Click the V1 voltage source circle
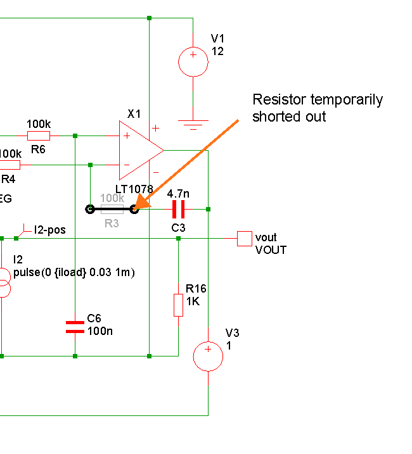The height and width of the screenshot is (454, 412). [x=193, y=62]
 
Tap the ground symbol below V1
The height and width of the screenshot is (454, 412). [x=193, y=125]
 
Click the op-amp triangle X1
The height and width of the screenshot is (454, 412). [x=139, y=150]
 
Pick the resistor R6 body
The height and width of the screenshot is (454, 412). [x=39, y=136]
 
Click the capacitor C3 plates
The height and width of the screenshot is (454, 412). [x=178, y=208]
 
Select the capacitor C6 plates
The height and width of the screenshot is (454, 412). [x=75, y=326]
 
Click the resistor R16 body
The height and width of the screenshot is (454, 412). [x=178, y=305]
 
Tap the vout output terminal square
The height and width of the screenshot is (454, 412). [x=244, y=238]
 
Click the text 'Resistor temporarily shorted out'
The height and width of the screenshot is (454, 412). [x=317, y=108]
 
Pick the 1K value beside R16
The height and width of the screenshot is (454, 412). [x=193, y=302]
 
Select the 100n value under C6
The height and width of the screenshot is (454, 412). [x=100, y=331]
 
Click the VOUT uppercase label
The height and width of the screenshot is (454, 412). [x=271, y=249]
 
